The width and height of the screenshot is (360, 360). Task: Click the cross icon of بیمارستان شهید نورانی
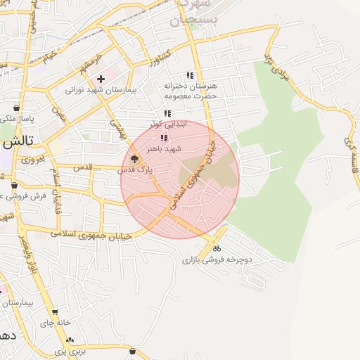coord(101,79)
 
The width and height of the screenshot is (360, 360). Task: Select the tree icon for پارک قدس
coord(134,159)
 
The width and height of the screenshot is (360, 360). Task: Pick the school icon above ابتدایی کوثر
coord(167,113)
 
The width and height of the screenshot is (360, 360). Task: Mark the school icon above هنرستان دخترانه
coord(189,75)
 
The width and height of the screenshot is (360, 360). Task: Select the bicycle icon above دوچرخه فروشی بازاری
coord(217,248)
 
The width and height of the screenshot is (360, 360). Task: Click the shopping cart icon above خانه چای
coord(55,311)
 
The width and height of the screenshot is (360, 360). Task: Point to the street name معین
coord(58,114)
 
